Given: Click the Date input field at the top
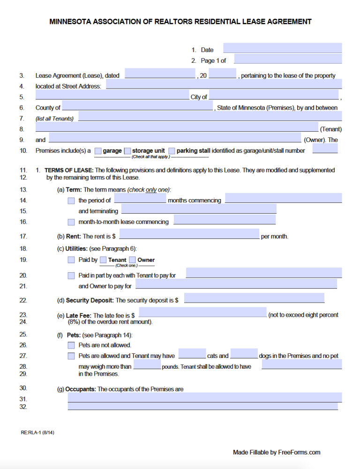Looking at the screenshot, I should (282, 48).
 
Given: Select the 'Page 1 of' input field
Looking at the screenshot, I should (287, 59).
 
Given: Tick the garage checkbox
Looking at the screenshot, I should (98, 151).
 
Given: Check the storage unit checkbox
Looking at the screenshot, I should (127, 151).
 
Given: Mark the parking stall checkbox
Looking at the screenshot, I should (172, 151).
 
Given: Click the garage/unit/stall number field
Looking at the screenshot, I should (325, 149).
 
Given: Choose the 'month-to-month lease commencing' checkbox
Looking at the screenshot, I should (71, 222).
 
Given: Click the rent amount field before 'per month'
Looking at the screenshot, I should (189, 234).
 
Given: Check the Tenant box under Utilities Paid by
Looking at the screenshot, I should (103, 260).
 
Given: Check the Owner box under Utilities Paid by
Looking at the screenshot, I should (132, 260).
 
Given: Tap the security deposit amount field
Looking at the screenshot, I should (254, 298).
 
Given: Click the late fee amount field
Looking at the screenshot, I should (202, 313).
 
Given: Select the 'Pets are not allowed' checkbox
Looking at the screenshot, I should (71, 345).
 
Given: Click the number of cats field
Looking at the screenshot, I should (192, 354).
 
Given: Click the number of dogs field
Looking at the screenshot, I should (244, 354).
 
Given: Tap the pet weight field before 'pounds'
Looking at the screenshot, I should (147, 365).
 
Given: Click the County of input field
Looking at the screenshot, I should (137, 106).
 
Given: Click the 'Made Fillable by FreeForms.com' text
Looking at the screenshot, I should (277, 452).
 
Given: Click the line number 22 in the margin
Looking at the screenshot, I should (23, 300).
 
